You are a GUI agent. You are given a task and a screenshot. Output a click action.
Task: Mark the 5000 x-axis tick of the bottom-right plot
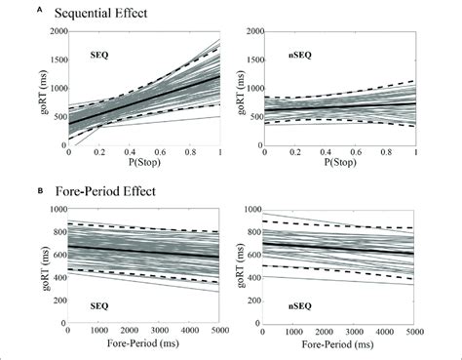point(416,334)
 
